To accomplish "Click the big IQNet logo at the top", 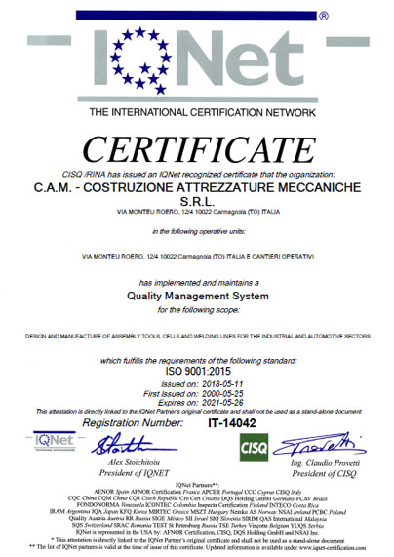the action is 194,60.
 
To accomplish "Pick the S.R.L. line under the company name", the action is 197,205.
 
